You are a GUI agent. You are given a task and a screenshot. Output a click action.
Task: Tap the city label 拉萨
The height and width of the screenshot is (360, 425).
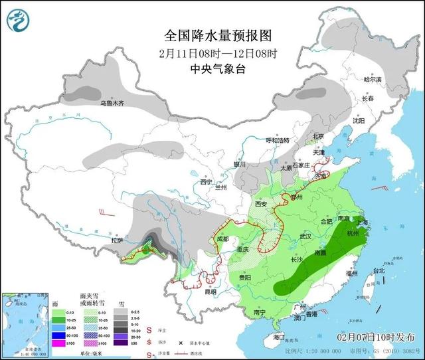click(x=118, y=242)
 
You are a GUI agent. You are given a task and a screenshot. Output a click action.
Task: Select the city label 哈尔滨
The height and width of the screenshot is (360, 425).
click(x=373, y=79)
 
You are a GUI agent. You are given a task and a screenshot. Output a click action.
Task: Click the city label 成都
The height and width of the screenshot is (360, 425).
click(x=220, y=238)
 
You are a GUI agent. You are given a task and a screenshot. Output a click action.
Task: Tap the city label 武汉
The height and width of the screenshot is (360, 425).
click(x=305, y=236)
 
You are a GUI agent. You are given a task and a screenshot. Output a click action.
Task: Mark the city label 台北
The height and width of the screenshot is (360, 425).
click(x=379, y=270)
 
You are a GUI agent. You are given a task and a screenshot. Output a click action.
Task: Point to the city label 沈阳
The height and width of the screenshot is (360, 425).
click(x=377, y=121)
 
